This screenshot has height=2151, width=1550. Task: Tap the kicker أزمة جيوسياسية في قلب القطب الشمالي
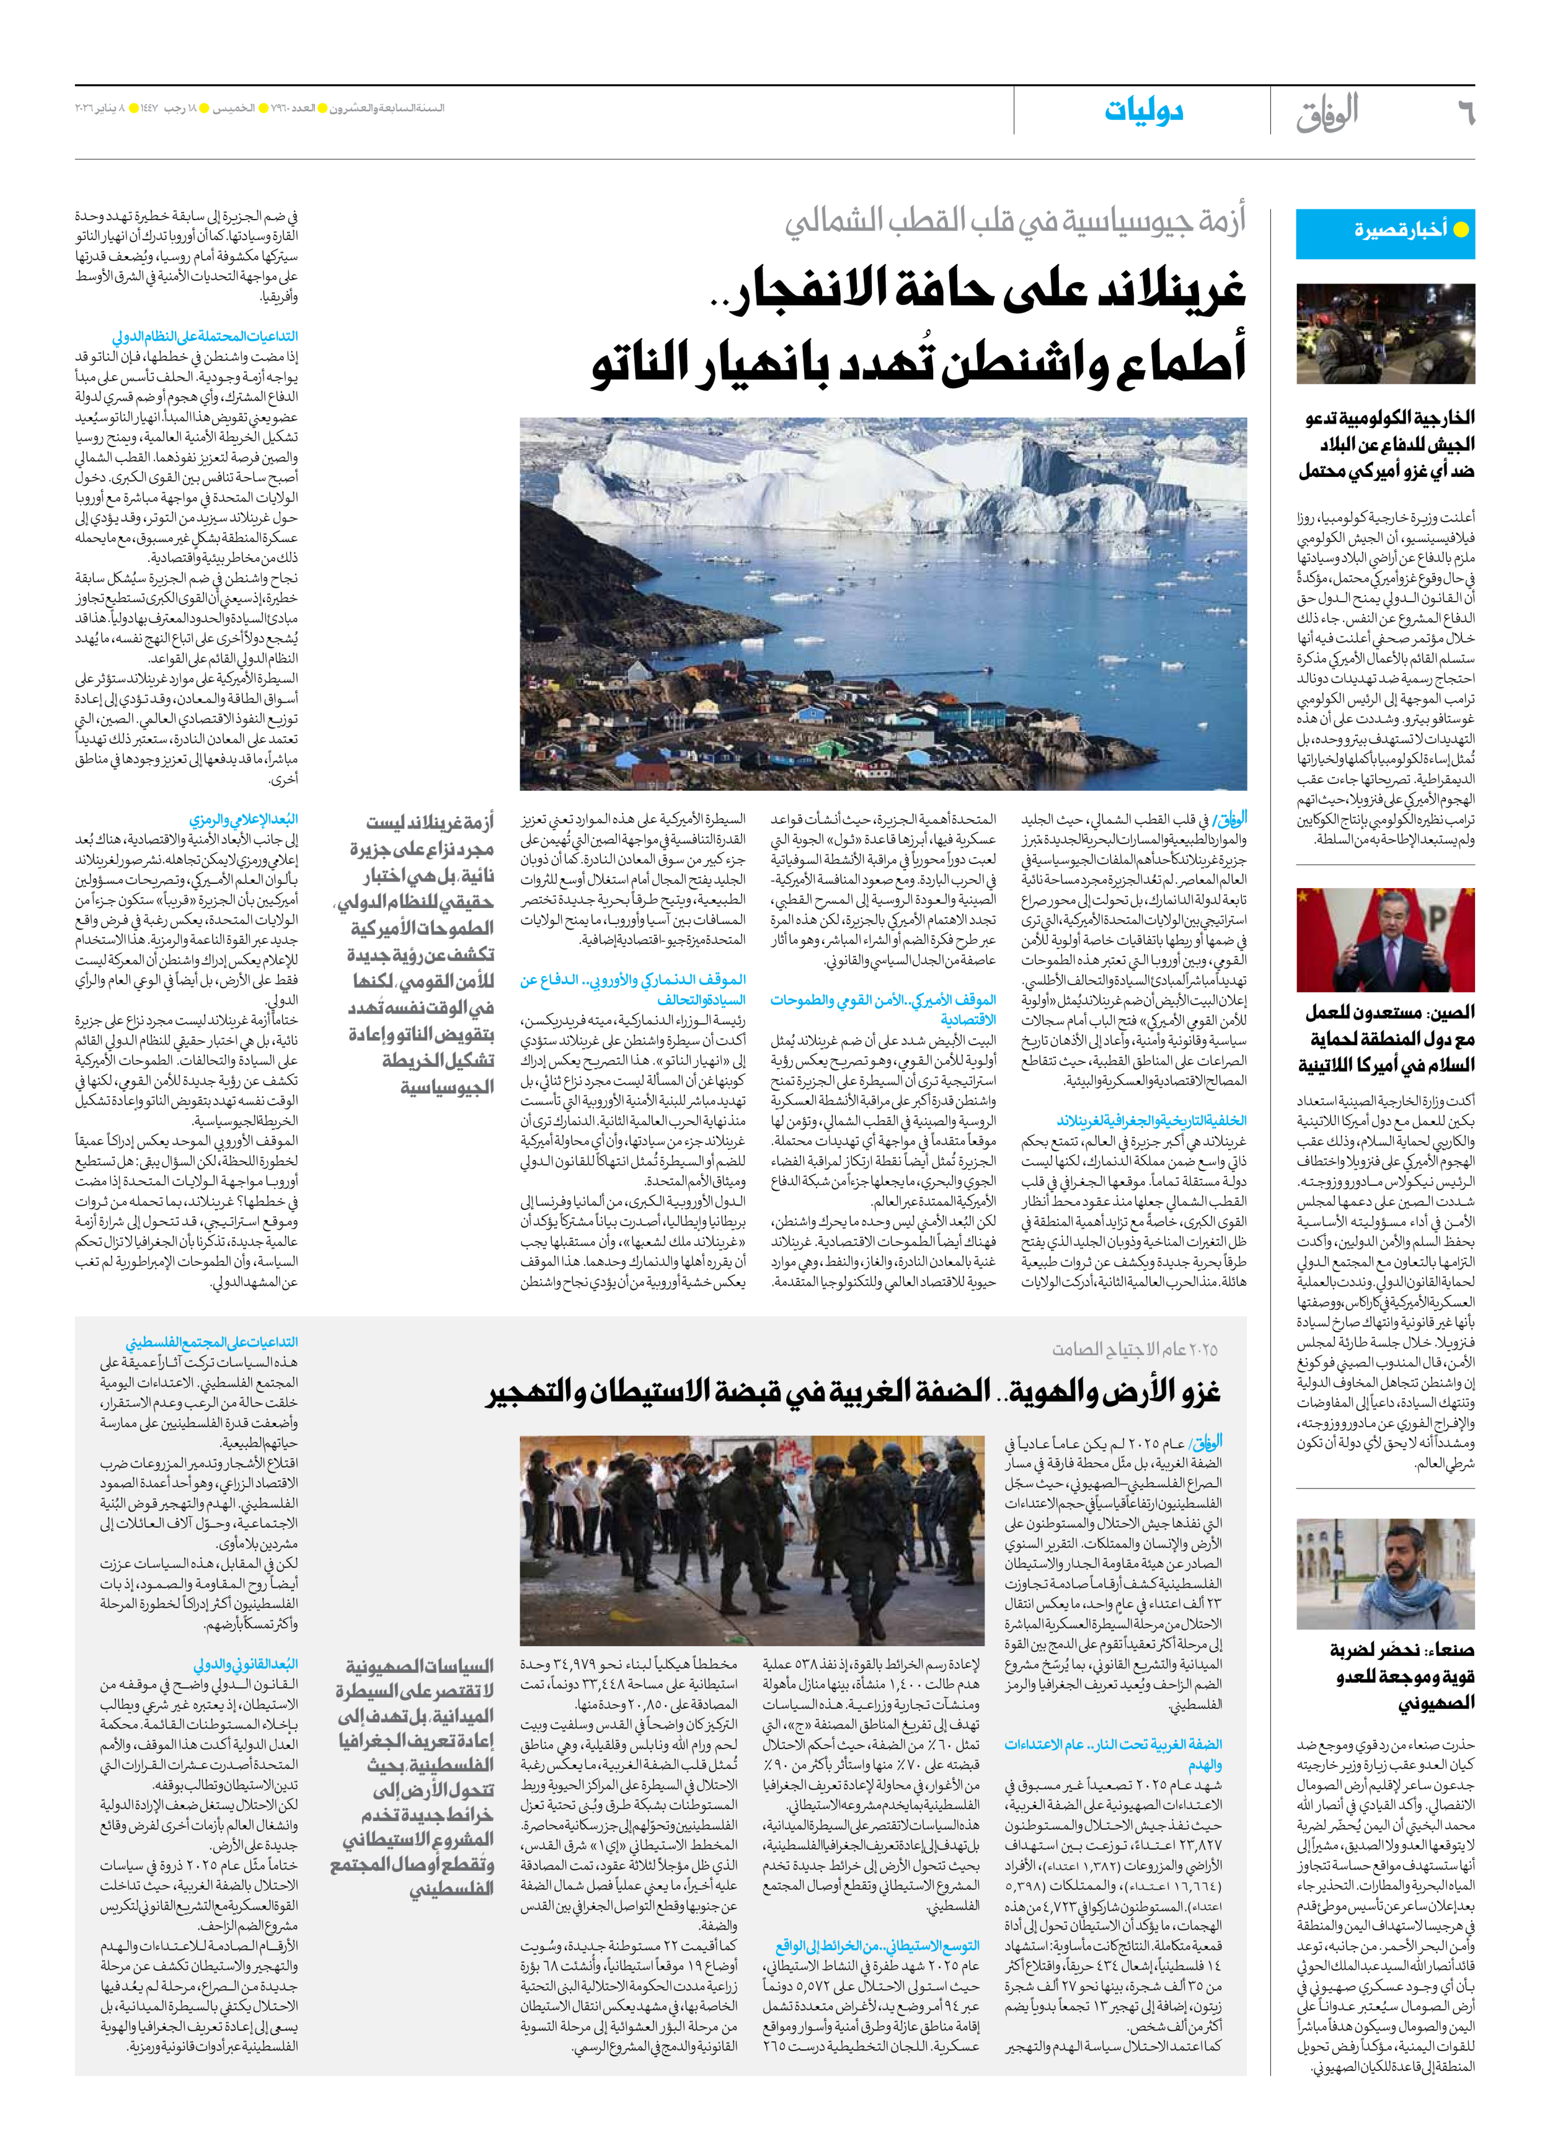tap(1014, 222)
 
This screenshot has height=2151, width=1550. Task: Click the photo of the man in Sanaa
tap(1385, 1574)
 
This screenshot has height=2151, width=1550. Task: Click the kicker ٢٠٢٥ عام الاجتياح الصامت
tap(1134, 1350)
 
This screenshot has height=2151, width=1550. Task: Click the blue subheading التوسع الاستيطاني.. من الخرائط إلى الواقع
tap(877, 1946)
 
